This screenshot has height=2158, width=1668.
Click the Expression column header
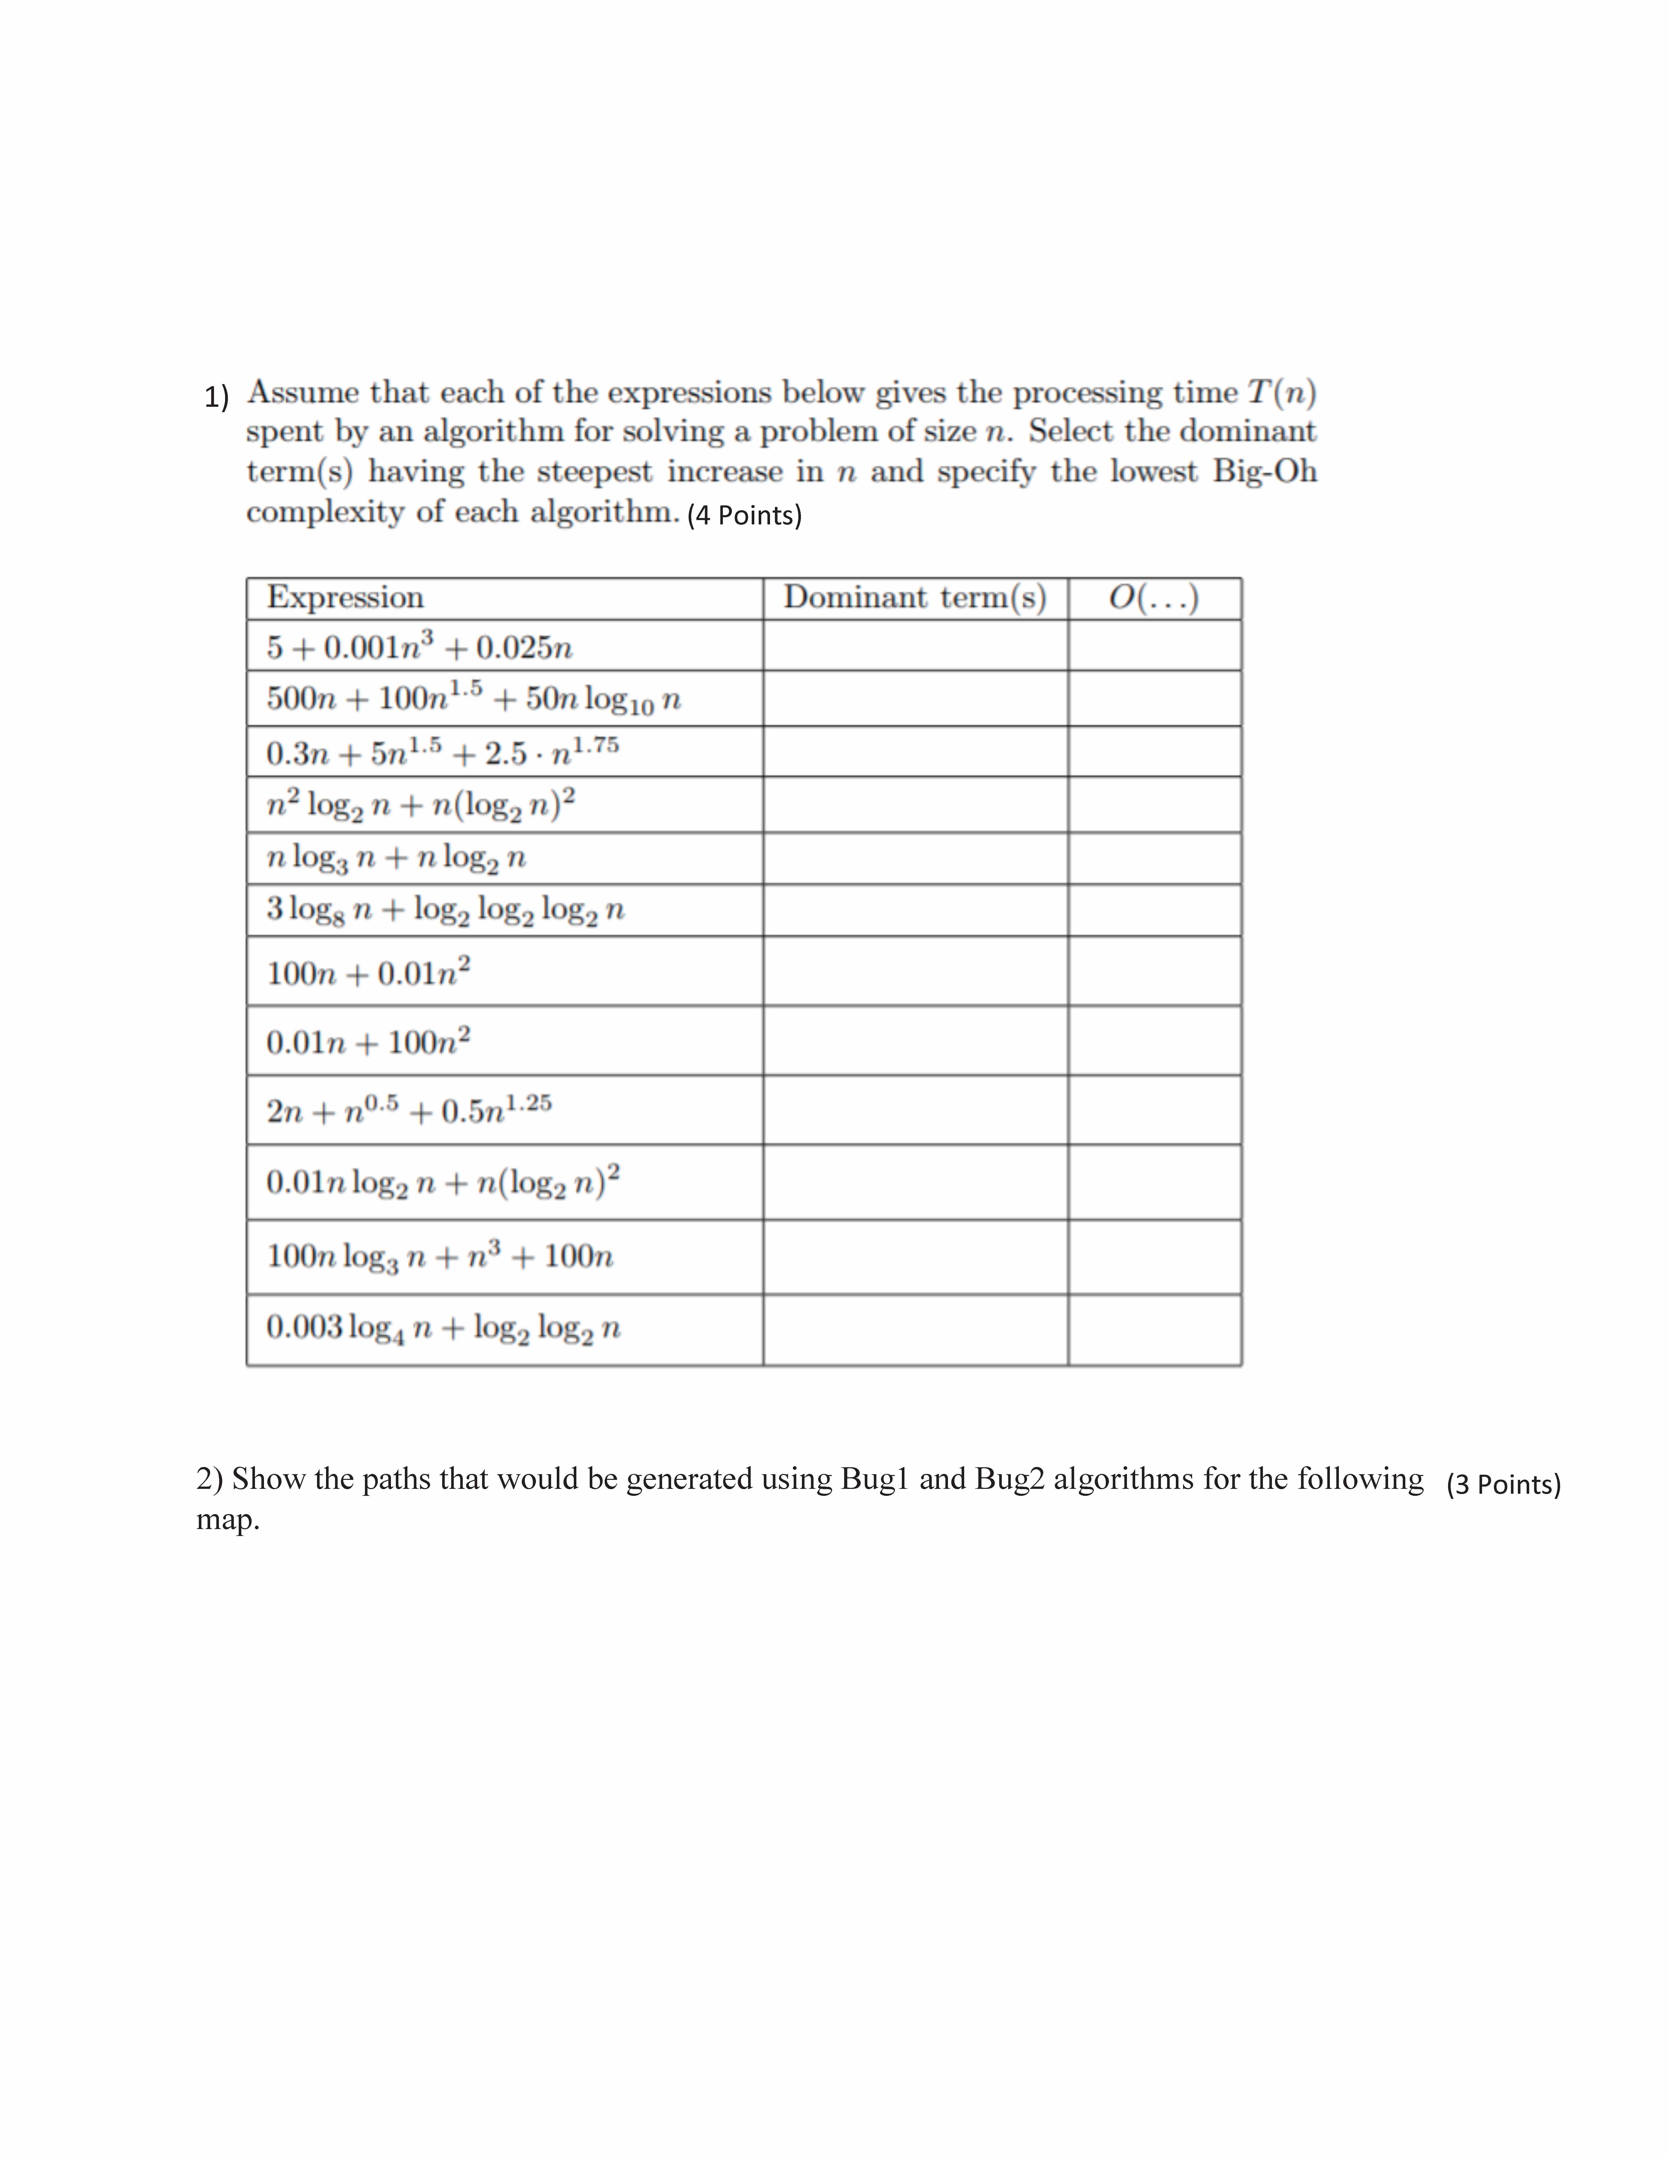coord(345,598)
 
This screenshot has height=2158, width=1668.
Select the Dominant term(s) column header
coord(914,598)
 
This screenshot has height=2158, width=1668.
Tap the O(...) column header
coord(1153,598)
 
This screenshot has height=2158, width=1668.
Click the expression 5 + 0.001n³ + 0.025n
coord(419,647)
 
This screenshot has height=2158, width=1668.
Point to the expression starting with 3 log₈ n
coord(445,909)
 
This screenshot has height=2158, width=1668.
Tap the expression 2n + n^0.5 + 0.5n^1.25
coord(408,1111)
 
